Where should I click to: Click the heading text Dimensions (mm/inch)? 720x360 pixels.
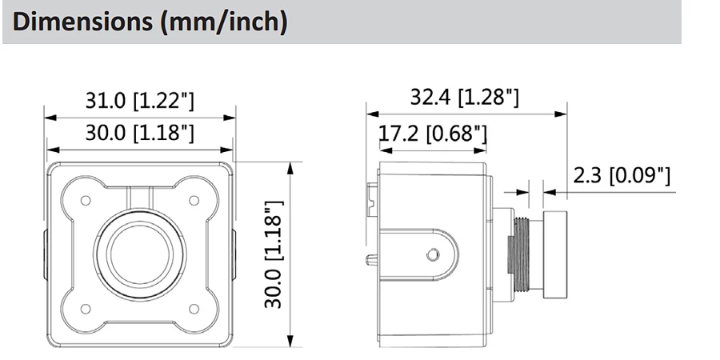tap(150, 22)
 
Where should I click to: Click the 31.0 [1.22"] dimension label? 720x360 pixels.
tap(140, 101)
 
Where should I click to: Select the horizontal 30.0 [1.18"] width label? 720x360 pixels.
tap(140, 133)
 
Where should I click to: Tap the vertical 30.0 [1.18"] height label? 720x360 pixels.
tap(274, 254)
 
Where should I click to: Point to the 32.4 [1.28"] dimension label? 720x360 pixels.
tap(464, 98)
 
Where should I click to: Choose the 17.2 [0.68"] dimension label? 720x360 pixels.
tap(432, 134)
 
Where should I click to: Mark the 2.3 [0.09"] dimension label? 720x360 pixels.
tap(622, 175)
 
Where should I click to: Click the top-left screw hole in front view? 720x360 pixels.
tap(86, 201)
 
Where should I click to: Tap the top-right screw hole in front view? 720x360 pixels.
tap(194, 201)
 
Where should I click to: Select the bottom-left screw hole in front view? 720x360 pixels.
tap(86, 309)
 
